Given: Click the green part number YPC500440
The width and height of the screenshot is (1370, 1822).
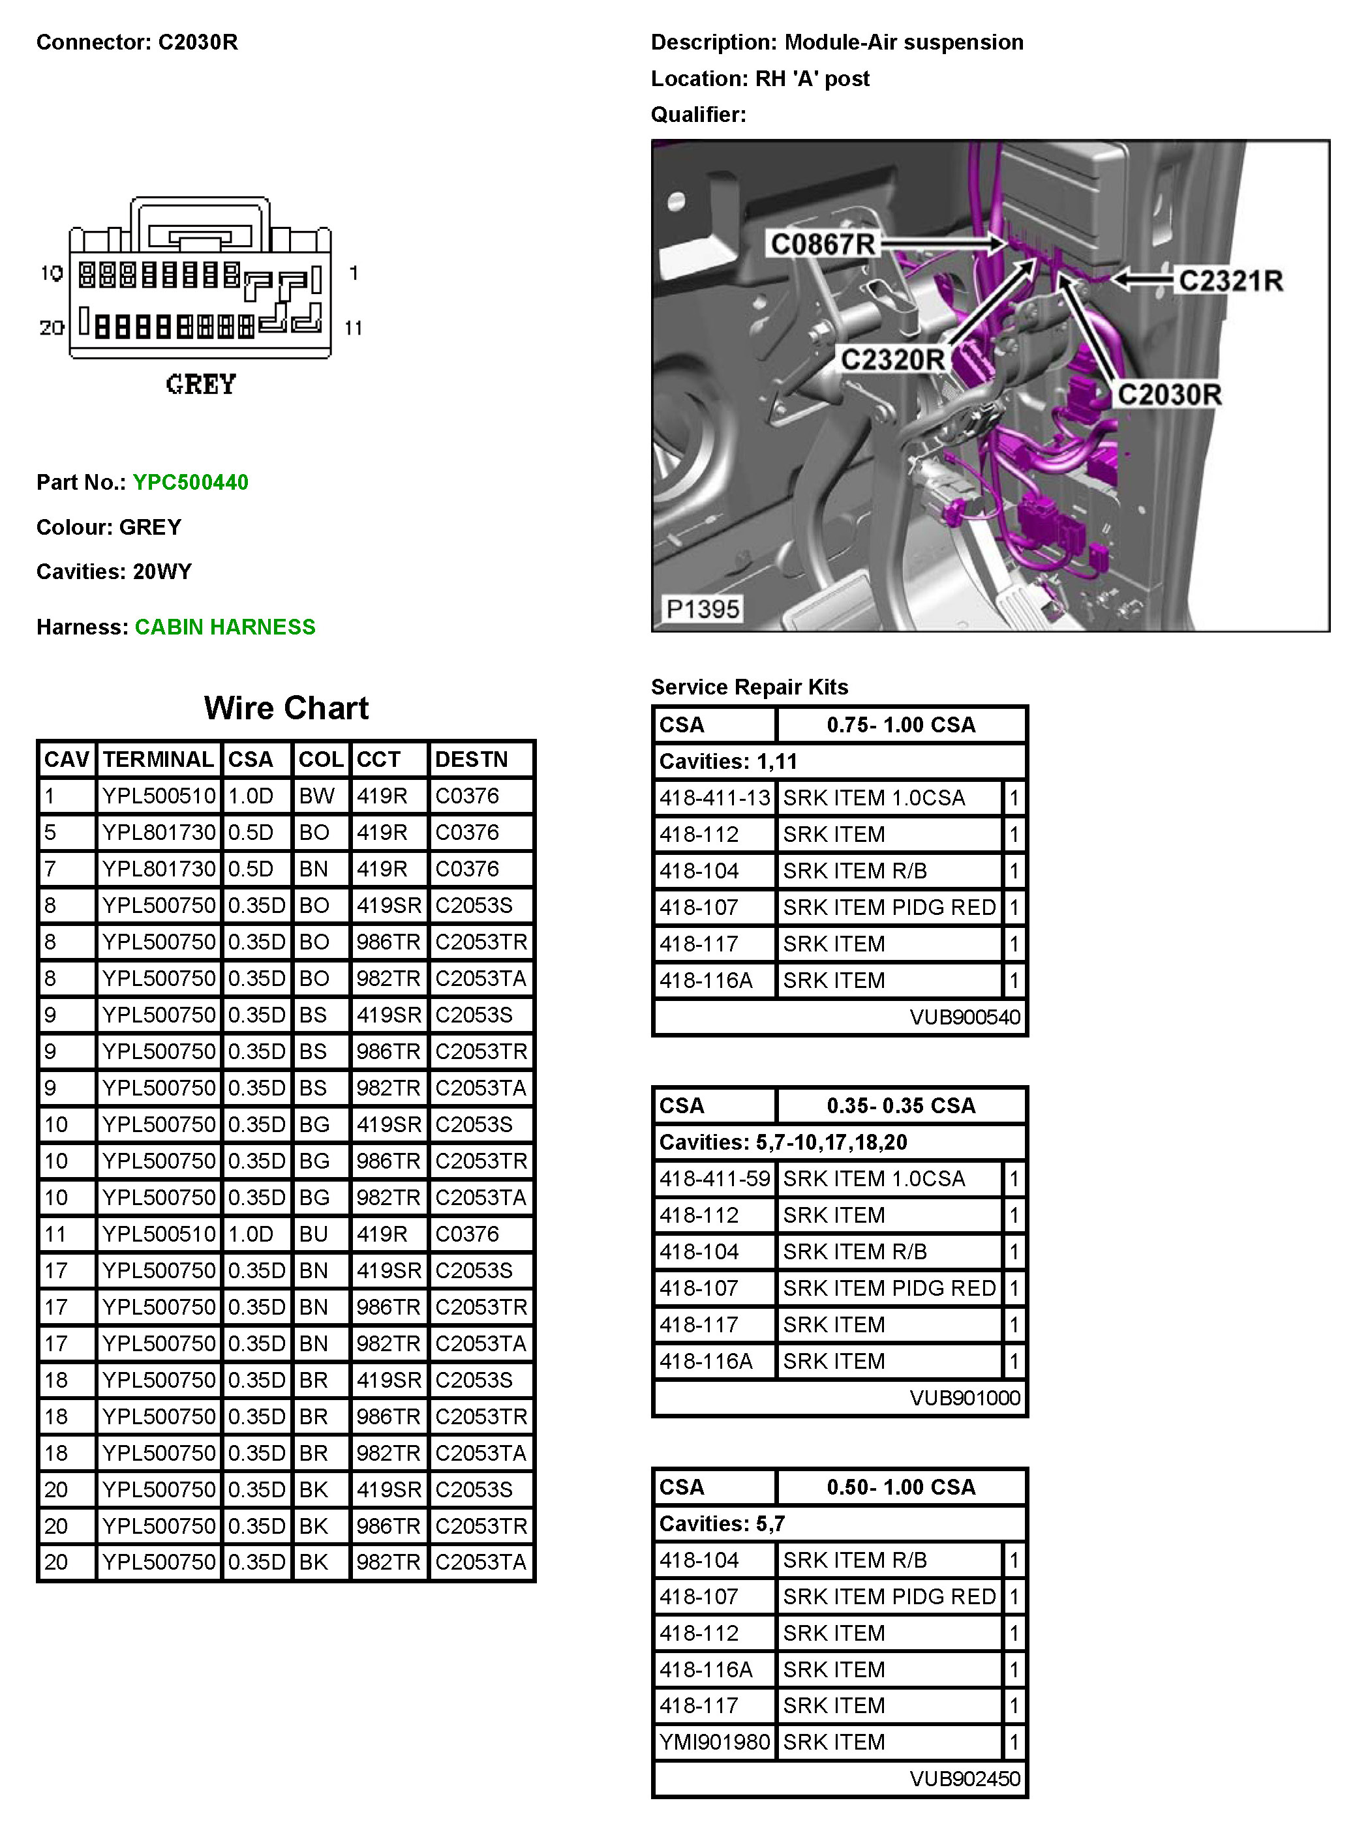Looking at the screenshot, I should point(190,482).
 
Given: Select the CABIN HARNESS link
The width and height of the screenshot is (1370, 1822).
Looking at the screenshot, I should point(225,627).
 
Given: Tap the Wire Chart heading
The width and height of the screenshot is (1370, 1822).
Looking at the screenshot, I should point(286,708).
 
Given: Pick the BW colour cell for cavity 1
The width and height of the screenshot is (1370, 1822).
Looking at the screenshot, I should point(316,796).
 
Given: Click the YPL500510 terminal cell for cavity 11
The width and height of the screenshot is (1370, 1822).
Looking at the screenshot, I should point(158,1234).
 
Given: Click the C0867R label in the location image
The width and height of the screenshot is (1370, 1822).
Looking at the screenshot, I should point(821,244).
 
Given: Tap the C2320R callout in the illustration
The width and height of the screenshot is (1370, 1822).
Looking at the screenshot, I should point(892,359).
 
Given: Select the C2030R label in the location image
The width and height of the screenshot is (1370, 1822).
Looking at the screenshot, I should point(1169,395).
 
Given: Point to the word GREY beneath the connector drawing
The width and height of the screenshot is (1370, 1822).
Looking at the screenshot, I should point(201,384).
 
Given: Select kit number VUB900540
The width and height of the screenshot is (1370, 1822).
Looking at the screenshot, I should point(965,1017).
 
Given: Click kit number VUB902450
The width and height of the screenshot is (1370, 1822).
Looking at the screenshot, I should point(965,1778).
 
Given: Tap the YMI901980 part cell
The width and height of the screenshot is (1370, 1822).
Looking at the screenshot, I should point(714,1742).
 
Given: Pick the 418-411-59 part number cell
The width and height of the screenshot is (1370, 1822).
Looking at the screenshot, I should point(714,1179).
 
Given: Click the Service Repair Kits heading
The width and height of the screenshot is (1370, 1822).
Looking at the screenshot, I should point(749,687).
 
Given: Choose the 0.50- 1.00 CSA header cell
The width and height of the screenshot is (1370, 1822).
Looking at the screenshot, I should point(900,1487).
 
